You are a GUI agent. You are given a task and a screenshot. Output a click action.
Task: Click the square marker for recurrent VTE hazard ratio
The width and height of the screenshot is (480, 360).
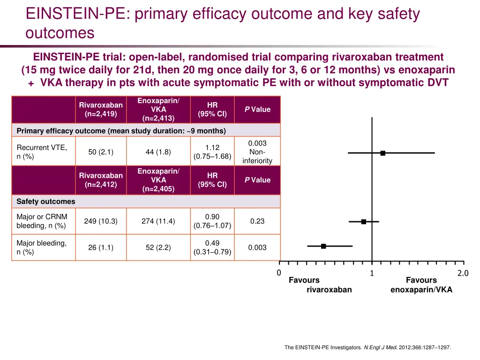[x=383, y=153]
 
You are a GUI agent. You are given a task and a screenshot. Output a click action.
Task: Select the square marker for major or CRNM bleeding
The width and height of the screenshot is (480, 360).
[x=364, y=221]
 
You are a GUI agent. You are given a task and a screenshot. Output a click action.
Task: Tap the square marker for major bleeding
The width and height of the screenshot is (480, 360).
[x=323, y=246]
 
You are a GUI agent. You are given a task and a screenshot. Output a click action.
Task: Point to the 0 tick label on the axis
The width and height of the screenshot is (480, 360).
[x=278, y=273]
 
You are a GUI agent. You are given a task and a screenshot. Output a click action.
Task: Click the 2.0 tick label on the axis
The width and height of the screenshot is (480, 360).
[x=463, y=274]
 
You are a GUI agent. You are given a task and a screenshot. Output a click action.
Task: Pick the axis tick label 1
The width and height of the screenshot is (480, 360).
[x=372, y=274]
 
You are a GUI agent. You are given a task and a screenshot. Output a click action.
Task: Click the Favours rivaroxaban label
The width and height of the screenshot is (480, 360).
[x=320, y=285]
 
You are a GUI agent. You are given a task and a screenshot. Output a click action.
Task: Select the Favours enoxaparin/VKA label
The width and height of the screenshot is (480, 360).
[x=421, y=285]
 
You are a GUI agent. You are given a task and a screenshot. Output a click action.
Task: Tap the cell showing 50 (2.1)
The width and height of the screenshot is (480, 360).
[x=101, y=152]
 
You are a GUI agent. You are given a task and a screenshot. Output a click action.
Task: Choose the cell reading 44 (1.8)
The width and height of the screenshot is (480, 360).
[x=158, y=152]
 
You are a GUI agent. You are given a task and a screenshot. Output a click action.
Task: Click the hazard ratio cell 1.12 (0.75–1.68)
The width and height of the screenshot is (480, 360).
[x=212, y=152]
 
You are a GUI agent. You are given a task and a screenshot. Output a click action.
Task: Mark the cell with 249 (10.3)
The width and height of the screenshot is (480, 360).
[x=101, y=221]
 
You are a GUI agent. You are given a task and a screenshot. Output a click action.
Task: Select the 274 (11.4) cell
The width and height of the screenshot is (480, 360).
[x=158, y=221]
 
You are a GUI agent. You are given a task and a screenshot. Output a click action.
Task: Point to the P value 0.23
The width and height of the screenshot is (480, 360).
[x=257, y=221]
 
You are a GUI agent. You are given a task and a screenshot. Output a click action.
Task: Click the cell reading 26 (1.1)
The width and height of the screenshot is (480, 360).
[x=101, y=247]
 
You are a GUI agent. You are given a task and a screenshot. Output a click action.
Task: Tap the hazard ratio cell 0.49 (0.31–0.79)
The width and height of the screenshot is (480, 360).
[x=212, y=247]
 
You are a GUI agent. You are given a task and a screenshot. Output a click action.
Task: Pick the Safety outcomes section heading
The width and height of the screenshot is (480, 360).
[x=46, y=202]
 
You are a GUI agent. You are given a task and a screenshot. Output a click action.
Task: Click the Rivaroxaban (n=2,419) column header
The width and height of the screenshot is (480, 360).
[x=101, y=109]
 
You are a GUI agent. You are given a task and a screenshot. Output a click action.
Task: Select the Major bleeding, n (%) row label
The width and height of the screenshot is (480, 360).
[x=42, y=247]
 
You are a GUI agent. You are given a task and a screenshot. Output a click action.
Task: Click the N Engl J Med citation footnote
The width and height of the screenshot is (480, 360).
[x=367, y=347]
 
